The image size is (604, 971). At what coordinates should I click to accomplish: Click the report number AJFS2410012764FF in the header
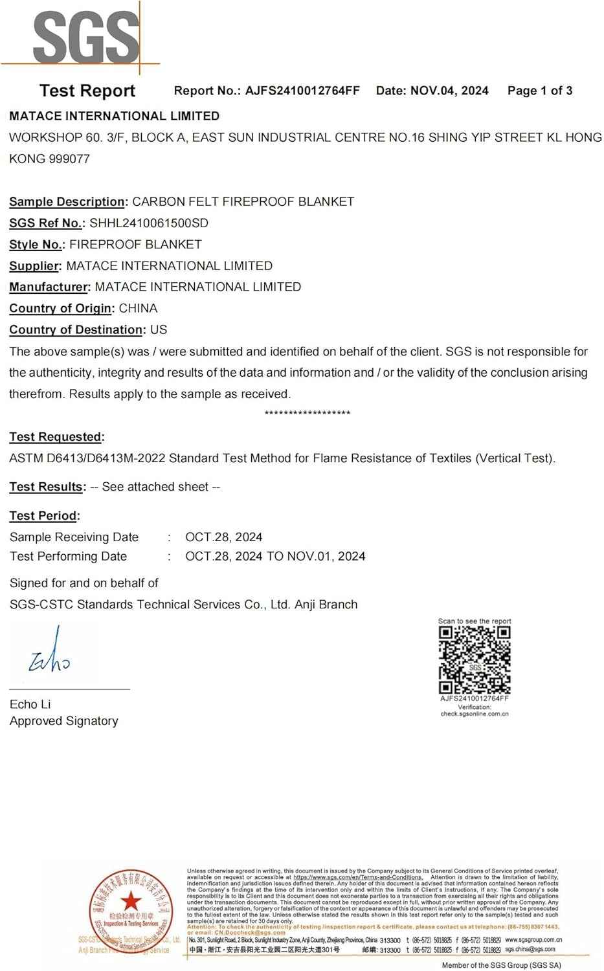(x=302, y=91)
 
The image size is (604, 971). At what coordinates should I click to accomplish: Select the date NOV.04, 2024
(x=449, y=91)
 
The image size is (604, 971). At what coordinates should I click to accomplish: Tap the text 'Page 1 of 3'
(x=540, y=91)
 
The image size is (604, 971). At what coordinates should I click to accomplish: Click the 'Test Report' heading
(x=87, y=91)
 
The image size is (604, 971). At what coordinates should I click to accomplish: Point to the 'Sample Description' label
(x=67, y=201)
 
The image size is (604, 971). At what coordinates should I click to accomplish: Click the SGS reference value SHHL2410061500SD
(x=149, y=223)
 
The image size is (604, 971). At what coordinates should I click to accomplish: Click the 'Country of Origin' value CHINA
(x=138, y=308)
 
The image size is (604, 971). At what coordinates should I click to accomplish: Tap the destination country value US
(x=159, y=329)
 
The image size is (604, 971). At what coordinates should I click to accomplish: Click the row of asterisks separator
(x=308, y=414)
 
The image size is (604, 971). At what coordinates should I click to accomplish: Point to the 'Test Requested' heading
(x=56, y=437)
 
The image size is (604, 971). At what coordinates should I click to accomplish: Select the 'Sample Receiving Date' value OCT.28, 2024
(x=223, y=537)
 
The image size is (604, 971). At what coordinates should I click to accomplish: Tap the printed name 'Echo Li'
(x=30, y=704)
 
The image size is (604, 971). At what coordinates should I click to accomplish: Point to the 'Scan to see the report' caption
(x=475, y=621)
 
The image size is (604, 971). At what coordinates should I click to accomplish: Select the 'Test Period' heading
(x=43, y=516)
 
